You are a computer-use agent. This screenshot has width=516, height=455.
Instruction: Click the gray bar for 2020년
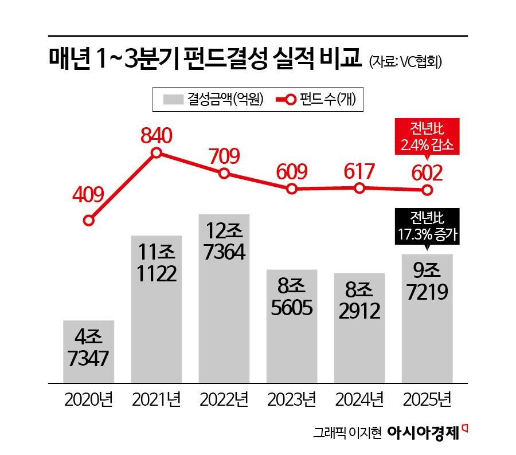click(x=88, y=351)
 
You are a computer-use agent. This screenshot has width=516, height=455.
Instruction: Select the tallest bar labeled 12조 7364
click(x=224, y=298)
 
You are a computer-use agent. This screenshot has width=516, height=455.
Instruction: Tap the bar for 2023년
click(x=292, y=325)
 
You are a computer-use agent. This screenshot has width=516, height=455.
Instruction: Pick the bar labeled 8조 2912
click(x=359, y=328)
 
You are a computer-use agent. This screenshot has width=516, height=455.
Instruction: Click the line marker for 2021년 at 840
click(x=157, y=152)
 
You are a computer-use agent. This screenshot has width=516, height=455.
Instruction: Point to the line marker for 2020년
click(x=88, y=220)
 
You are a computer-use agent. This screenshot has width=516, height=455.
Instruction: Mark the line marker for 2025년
click(x=427, y=190)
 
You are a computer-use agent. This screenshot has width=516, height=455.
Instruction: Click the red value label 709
click(x=224, y=155)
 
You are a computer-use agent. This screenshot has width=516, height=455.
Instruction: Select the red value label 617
click(x=359, y=171)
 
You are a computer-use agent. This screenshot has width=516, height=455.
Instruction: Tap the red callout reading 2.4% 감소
click(x=427, y=137)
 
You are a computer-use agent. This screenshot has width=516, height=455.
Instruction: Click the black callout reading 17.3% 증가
click(x=427, y=226)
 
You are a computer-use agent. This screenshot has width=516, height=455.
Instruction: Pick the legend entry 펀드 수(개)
click(x=318, y=99)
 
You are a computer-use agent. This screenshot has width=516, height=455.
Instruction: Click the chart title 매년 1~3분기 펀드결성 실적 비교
click(x=205, y=59)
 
